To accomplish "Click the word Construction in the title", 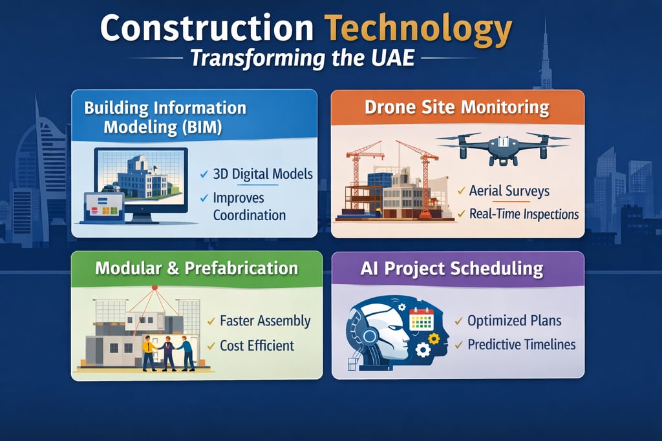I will (207, 29).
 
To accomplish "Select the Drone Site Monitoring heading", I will (456, 107).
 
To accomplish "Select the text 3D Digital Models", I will (262, 174).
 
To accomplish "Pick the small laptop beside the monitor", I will (103, 208).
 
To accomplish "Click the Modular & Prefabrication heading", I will (197, 268).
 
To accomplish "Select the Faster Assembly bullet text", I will (265, 321).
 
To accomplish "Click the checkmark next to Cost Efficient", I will (211, 346).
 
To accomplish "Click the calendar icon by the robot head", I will (421, 320).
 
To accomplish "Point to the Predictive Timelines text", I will (521, 344).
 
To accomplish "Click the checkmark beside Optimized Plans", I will (458, 320).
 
